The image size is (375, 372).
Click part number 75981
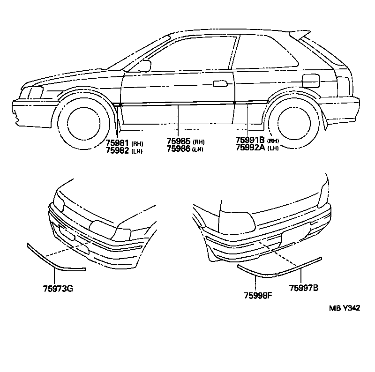118,143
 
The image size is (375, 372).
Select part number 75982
118,150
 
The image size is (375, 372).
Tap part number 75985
179,141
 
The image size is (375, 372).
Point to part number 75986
179,149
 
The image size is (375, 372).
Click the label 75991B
250,140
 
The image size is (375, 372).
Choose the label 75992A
250,148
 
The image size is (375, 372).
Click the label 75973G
58,289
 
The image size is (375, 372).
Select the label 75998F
258,296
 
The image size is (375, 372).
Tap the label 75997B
304,288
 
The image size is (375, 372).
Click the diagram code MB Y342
345,308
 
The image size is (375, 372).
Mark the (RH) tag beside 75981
137,144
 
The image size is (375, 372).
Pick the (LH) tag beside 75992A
273,148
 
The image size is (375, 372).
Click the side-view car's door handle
220,84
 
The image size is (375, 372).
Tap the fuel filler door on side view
311,81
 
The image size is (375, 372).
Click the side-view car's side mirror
143,66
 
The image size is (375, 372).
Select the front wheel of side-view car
84,124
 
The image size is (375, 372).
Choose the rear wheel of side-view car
294,123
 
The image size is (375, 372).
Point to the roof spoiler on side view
300,35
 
